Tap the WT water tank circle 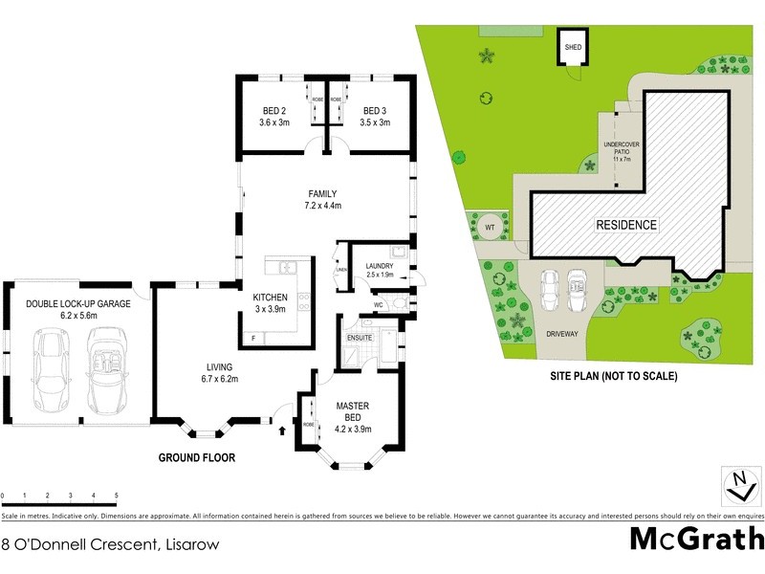[x=490, y=227]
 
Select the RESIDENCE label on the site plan [x=627, y=226]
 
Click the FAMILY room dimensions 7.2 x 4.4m [x=322, y=206]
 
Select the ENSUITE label [x=360, y=338]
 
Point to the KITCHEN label [x=270, y=297]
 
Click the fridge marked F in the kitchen [x=252, y=338]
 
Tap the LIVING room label [x=220, y=366]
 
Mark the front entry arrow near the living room [x=281, y=430]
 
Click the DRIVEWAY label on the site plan [x=563, y=334]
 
